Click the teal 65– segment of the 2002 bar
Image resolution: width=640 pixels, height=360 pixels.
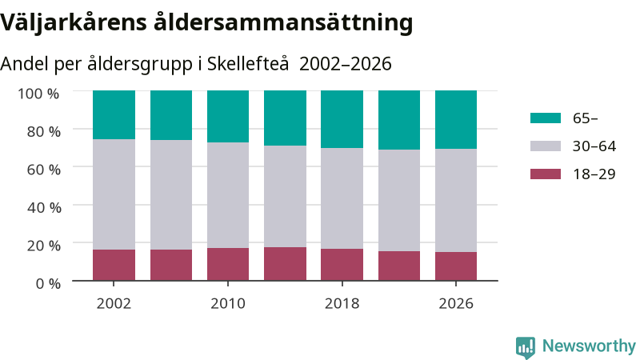point(114,114)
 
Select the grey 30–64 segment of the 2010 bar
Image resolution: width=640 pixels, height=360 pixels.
point(228,195)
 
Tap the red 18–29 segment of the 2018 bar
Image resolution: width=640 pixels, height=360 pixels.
point(342,265)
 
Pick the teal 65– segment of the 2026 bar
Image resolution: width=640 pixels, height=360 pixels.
point(456,119)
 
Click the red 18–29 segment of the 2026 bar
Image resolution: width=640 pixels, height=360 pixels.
point(456,266)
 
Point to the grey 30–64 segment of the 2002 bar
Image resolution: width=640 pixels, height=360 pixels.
point(114,194)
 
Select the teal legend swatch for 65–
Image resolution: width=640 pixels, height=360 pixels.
point(546,118)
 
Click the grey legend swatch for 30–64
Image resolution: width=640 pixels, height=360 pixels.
point(546,146)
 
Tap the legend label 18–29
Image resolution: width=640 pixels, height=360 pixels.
point(594,174)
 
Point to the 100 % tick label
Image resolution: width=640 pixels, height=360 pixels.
point(38,94)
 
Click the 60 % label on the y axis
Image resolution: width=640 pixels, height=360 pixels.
point(44,170)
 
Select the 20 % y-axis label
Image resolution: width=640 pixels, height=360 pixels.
point(44,246)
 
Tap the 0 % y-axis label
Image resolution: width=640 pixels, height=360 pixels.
point(48,283)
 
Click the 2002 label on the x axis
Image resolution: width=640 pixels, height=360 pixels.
point(114,303)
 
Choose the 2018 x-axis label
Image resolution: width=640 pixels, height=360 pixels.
point(342,303)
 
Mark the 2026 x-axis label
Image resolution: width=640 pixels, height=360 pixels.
point(456,303)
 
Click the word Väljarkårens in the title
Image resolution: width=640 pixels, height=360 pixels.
point(74,23)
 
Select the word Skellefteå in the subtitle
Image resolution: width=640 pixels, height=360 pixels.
point(248,64)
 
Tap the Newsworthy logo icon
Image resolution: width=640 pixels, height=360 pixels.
point(526,347)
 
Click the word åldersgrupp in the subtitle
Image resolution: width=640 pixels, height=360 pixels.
point(139,65)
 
